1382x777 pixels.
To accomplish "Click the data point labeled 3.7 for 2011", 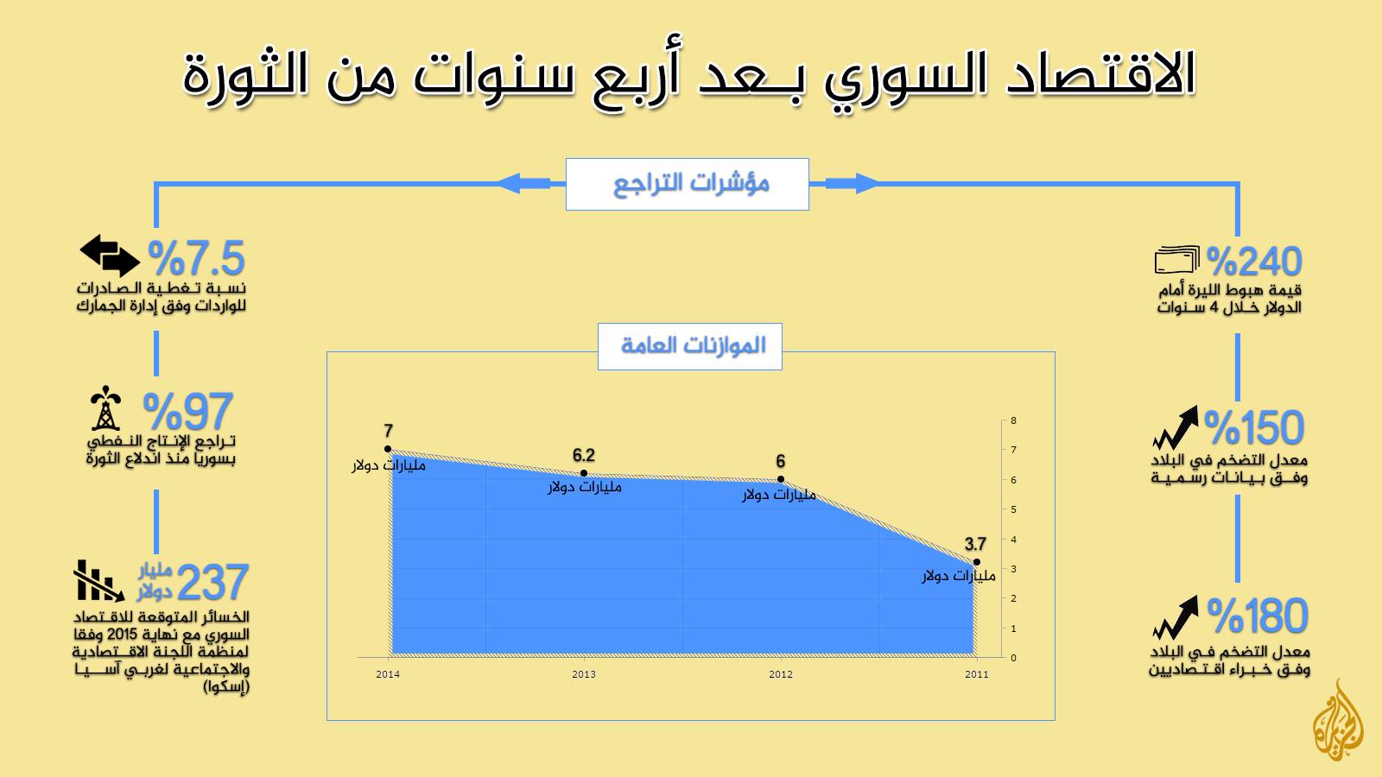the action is point(977,562).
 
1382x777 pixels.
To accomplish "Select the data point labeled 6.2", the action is point(584,473).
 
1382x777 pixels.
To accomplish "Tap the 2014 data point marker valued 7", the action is point(388,449).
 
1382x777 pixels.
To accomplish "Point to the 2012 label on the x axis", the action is point(781,674).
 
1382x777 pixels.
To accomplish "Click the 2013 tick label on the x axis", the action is point(584,674).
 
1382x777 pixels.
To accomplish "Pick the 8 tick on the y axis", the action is point(1014,420).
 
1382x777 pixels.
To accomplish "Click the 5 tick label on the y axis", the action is point(1014,509).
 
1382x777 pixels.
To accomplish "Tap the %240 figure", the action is point(1254,262).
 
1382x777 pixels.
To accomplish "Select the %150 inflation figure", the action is point(1254,427).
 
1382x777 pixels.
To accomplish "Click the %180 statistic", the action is point(1258,616).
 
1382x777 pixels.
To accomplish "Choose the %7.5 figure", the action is point(196,258).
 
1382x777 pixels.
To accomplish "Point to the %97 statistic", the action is point(187,412).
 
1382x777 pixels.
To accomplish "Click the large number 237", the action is point(212,582).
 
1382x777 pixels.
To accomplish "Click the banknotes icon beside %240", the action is point(1176,260).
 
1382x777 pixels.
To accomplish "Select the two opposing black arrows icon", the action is point(110,256).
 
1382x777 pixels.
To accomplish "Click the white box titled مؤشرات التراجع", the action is point(688,185).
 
